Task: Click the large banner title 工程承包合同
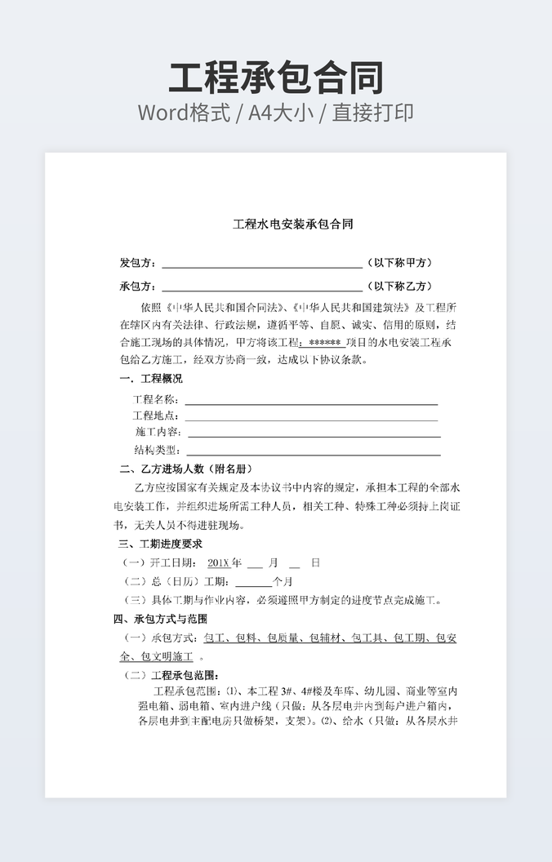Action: [x=276, y=78]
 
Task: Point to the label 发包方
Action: [x=137, y=263]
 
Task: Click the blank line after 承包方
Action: [x=262, y=288]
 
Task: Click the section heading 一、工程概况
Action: [x=151, y=379]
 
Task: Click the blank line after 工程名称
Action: [x=311, y=402]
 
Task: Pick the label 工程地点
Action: [x=155, y=416]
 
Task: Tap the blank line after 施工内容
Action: [x=314, y=433]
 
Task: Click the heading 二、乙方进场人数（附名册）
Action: [x=185, y=469]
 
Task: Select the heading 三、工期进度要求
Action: [x=160, y=544]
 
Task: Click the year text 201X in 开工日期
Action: [x=219, y=562]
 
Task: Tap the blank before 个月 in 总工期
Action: [x=253, y=583]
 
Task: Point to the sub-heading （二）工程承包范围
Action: [x=171, y=676]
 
